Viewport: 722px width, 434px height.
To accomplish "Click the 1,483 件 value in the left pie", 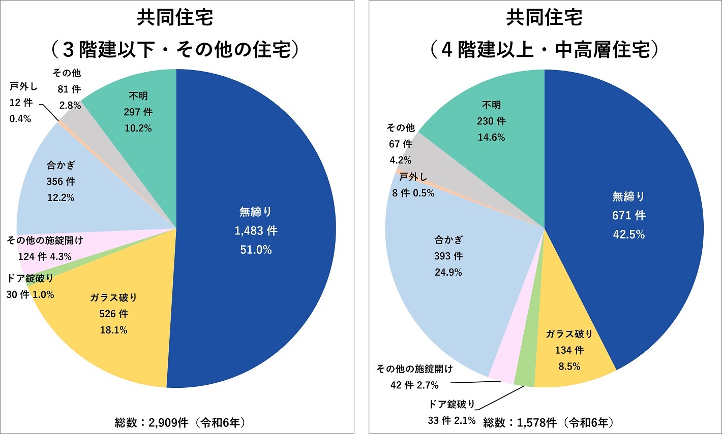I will click(256, 231).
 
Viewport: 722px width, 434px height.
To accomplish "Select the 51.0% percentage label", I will click(256, 250).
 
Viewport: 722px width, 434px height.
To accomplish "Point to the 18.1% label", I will click(113, 330).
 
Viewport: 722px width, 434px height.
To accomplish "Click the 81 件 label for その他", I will click(69, 89).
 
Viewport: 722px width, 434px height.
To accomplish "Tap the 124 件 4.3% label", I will click(45, 256).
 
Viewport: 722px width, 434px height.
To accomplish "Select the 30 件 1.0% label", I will click(30, 294).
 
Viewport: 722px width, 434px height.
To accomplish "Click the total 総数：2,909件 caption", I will click(180, 422).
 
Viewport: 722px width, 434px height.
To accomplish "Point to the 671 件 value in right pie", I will click(628, 216).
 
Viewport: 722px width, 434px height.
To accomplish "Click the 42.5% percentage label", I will click(628, 235).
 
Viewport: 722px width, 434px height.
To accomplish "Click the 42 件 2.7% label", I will click(414, 385).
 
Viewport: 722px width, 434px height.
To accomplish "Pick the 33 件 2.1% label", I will click(452, 420).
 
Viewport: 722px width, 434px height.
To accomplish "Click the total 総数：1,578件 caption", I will click(548, 422).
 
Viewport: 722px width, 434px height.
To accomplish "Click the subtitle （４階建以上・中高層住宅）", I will click(544, 50).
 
